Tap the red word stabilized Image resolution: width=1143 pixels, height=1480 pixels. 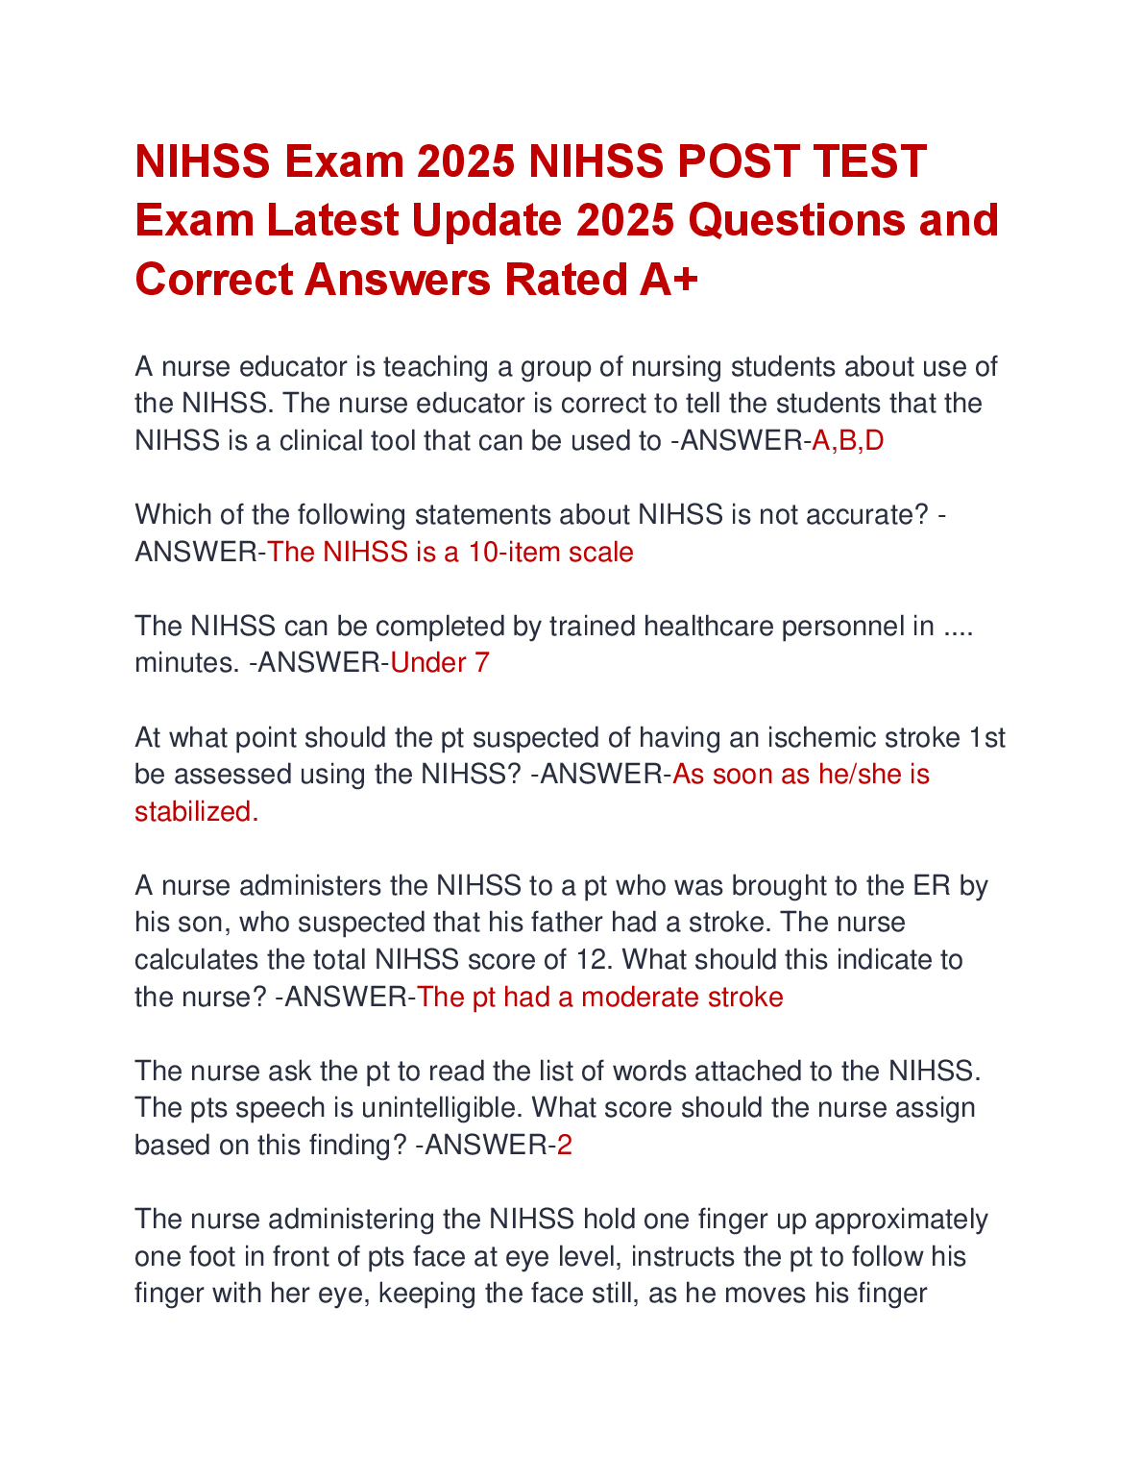pos(196,812)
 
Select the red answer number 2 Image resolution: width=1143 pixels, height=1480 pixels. pos(565,1146)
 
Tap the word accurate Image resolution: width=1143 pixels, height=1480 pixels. pos(858,515)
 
